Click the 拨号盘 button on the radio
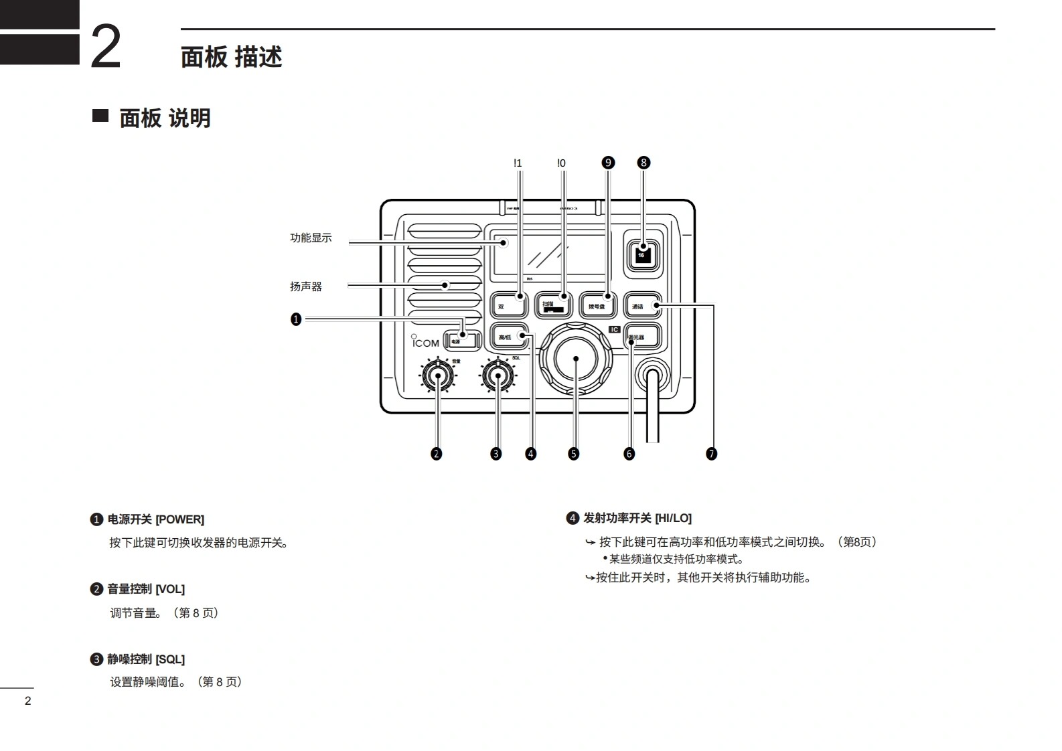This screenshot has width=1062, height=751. [598, 306]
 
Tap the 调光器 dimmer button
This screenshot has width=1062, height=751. [642, 337]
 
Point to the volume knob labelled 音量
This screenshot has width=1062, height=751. [438, 376]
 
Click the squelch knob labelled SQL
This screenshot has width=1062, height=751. [498, 376]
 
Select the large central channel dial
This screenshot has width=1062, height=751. [576, 359]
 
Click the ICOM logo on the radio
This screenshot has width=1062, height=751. [425, 342]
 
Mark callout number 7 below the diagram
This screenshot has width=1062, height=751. [711, 454]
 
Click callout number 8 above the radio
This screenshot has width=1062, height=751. [643, 163]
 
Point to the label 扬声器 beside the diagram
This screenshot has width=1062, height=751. [306, 286]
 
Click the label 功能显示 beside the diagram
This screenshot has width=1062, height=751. [311, 238]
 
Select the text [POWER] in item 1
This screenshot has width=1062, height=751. [179, 519]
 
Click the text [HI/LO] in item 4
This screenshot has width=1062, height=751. [673, 518]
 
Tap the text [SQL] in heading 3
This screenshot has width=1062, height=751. [170, 659]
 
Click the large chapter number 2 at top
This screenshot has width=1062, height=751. [106, 46]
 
